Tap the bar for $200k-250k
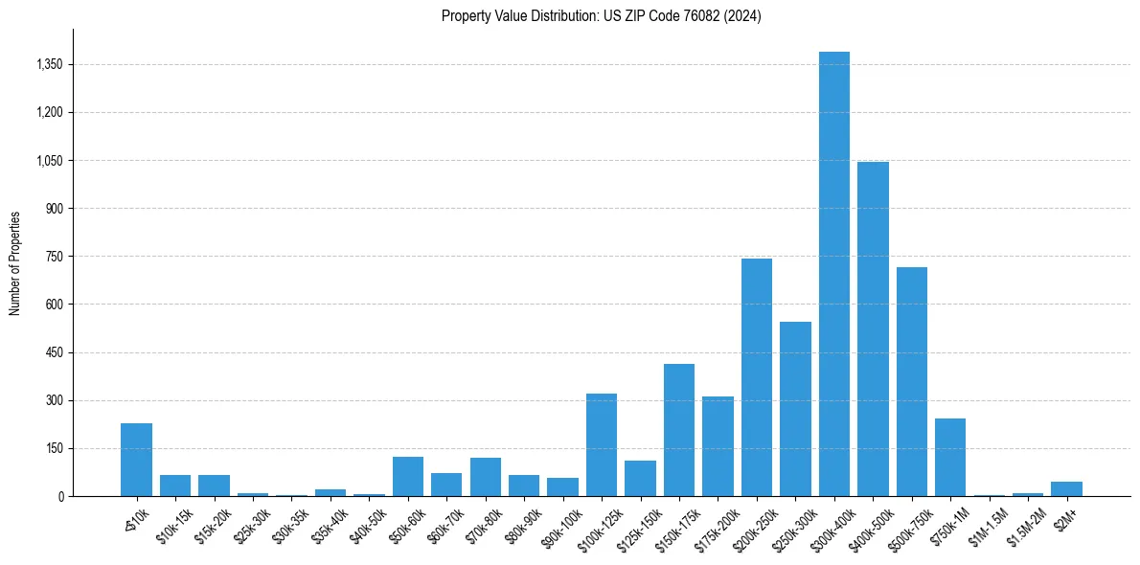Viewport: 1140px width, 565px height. pos(757,377)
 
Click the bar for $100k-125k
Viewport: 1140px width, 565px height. pos(602,444)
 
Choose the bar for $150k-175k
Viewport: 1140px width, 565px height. pos(679,430)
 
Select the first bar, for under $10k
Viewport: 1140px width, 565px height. pos(136,460)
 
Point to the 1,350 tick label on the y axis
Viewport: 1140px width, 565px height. pos(48,65)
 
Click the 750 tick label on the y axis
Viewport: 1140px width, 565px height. pos(53,257)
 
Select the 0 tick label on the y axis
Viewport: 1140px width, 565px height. pos(59,496)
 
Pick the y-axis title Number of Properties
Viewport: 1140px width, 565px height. pos(15,262)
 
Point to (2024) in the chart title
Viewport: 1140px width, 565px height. pos(744,16)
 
